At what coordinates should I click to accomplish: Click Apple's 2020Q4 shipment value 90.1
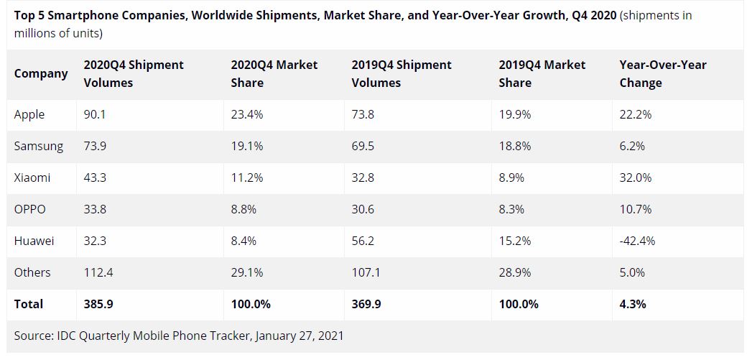pyautogui.click(x=95, y=115)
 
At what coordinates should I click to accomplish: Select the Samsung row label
pyautogui.click(x=39, y=147)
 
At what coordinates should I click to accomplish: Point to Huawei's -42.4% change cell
pyautogui.click(x=637, y=241)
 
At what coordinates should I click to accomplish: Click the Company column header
pyautogui.click(x=41, y=73)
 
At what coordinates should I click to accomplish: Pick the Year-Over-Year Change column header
pyautogui.click(x=662, y=73)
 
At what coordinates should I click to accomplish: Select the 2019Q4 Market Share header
pyautogui.click(x=542, y=73)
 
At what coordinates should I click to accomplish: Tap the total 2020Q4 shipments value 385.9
pyautogui.click(x=98, y=304)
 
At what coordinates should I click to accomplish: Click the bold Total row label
pyautogui.click(x=29, y=304)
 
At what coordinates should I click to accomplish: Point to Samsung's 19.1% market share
pyautogui.click(x=246, y=147)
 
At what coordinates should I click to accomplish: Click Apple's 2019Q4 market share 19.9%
pyautogui.click(x=514, y=115)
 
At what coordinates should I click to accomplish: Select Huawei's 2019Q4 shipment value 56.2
pyautogui.click(x=363, y=241)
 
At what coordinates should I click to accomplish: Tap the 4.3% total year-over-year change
pyautogui.click(x=632, y=304)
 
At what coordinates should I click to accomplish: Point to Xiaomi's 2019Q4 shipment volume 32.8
pyautogui.click(x=363, y=177)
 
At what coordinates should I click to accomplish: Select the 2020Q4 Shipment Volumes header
pyautogui.click(x=134, y=73)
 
